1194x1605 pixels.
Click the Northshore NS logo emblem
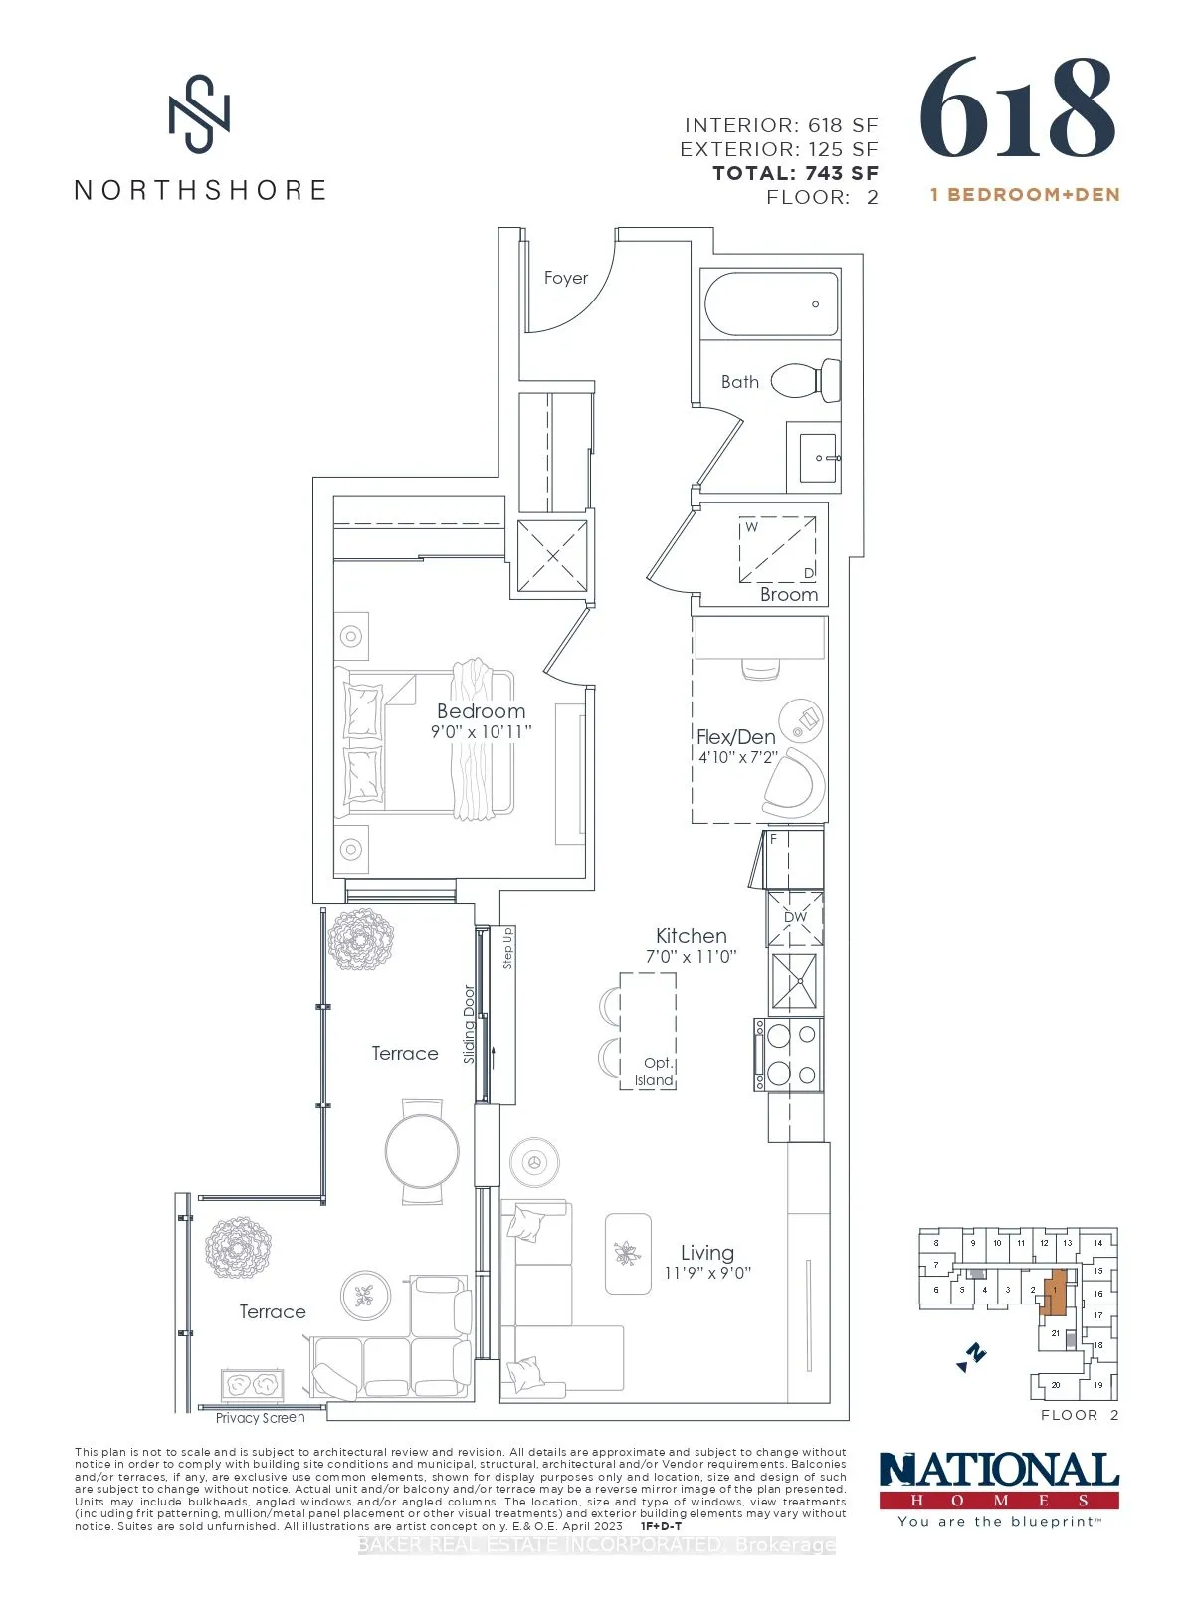(x=199, y=113)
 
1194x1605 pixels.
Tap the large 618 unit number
(x=1017, y=108)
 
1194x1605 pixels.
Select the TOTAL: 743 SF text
(x=795, y=173)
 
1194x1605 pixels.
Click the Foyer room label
(x=566, y=278)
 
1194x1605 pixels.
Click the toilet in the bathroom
(x=807, y=380)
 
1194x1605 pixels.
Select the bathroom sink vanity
(x=814, y=458)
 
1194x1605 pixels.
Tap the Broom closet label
(x=789, y=594)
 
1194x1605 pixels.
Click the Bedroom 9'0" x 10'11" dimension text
(x=482, y=731)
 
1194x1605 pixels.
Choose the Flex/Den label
(x=736, y=737)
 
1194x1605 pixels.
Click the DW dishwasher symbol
(x=795, y=917)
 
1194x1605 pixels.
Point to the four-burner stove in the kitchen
(x=788, y=1055)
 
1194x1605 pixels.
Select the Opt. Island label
(x=656, y=1071)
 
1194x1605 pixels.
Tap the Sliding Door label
(x=470, y=1024)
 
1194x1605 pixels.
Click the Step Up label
(x=507, y=948)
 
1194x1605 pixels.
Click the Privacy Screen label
(x=261, y=1418)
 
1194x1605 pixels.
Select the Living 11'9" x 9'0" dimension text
(x=707, y=1273)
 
